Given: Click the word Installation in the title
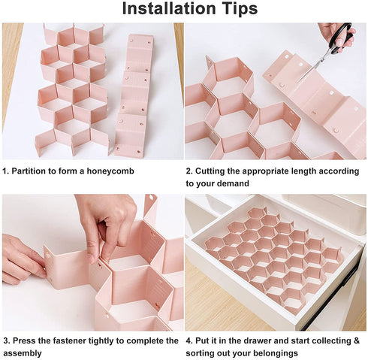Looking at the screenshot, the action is pos(169,8).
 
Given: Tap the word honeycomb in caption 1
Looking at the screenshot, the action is pos(110,171).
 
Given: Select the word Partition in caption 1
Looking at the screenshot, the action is pos(29,171).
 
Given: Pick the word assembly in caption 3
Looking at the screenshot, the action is pos(23,353).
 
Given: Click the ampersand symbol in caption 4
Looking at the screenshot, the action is pos(356,340).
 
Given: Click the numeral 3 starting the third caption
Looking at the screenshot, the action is pos(5,340).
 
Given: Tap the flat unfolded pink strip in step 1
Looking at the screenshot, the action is pos(133,96).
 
